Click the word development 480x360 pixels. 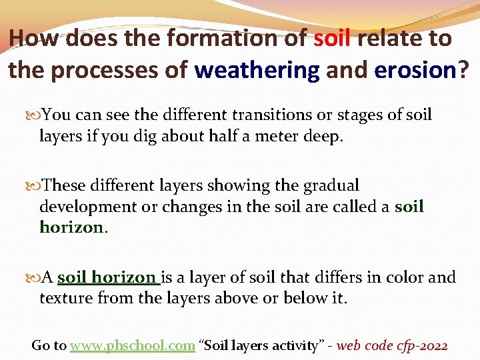tap(85, 207)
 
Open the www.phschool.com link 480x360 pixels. tap(132, 345)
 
